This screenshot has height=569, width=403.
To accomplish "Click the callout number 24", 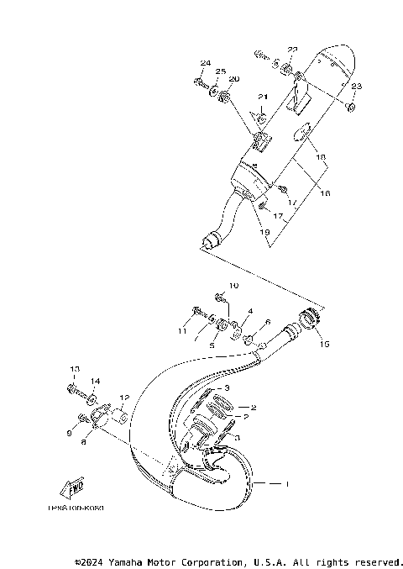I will tap(205, 64).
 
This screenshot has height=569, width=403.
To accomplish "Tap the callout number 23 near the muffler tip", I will tap(356, 87).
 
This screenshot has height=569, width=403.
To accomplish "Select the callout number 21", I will tap(262, 97).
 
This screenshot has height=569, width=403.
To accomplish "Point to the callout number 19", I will tap(265, 231).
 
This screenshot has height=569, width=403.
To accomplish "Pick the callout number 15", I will tap(323, 343).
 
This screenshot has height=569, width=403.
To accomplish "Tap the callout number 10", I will tap(234, 287).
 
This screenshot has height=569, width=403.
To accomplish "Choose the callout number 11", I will tap(182, 332).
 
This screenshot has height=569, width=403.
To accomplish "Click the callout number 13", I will tap(74, 369).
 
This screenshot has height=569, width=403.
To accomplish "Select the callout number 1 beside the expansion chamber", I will tap(287, 484).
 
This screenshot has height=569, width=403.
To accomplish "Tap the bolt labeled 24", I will tap(201, 82).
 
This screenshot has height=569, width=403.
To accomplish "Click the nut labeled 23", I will tap(351, 107).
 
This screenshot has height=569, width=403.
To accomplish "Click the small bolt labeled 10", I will tap(219, 297).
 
